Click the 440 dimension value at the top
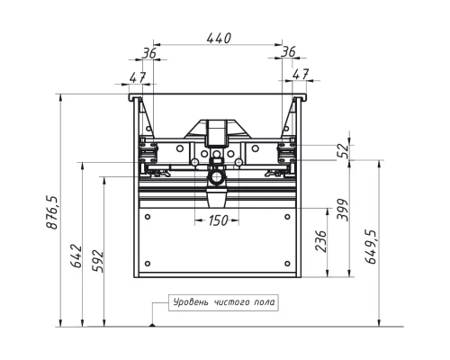pyautogui.click(x=219, y=39)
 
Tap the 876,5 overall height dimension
pyautogui.click(x=51, y=212)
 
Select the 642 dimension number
pyautogui.click(x=76, y=256)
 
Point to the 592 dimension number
pyautogui.click(x=97, y=261)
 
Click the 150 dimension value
pyautogui.click(x=218, y=220)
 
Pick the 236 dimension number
pyautogui.click(x=320, y=241)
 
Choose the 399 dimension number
pyautogui.click(x=343, y=210)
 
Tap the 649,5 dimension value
pyautogui.click(x=371, y=247)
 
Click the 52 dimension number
pyautogui.click(x=343, y=151)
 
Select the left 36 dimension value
pyautogui.click(x=149, y=53)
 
